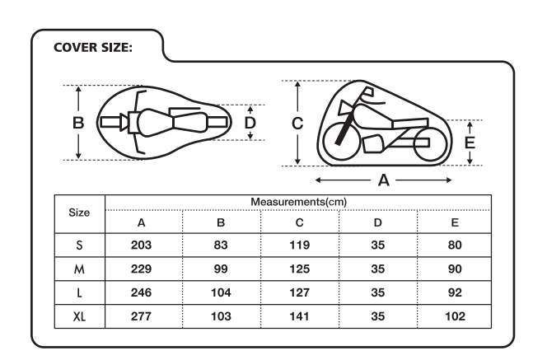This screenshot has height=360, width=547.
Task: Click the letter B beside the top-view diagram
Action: click(78, 123)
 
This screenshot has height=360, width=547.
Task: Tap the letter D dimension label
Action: click(251, 123)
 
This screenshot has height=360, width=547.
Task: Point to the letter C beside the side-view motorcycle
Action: click(298, 124)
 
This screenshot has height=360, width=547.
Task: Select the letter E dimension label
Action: click(470, 141)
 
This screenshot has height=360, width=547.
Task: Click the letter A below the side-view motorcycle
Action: click(383, 180)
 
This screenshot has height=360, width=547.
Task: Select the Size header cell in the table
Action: click(79, 213)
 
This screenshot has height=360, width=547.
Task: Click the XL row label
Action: click(79, 316)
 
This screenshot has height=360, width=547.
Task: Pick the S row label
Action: click(79, 245)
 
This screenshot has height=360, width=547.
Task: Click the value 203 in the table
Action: click(142, 245)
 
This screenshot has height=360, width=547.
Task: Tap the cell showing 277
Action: click(142, 316)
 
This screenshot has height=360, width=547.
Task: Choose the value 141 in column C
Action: click(299, 316)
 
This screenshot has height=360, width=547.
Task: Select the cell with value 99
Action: click(221, 269)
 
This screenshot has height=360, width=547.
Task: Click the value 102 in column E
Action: click(455, 316)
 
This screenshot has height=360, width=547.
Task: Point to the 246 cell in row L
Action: click(142, 292)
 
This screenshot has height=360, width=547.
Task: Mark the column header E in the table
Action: click(455, 222)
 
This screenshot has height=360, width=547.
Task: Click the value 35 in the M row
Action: click(377, 269)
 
